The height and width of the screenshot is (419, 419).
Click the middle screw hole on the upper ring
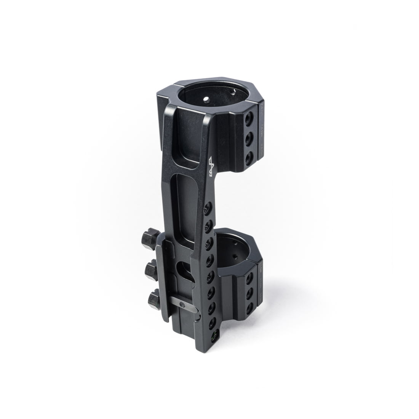pyautogui.click(x=249, y=136)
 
